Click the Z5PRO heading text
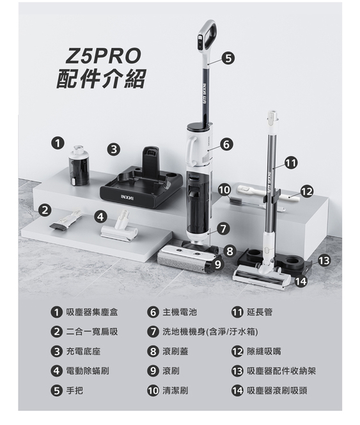[104, 56]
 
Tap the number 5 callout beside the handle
[228, 58]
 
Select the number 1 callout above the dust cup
[58, 143]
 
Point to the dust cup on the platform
[79, 166]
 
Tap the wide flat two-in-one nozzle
[65, 222]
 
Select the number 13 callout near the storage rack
[324, 261]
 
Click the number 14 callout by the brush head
[301, 282]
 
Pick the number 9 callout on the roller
[217, 265]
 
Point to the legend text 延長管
[260, 313]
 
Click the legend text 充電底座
[83, 352]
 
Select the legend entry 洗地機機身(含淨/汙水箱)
[210, 332]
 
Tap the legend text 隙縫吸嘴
[264, 352]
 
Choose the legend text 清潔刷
[175, 390]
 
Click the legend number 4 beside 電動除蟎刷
[56, 371]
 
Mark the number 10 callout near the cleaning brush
[224, 190]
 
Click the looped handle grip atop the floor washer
[208, 35]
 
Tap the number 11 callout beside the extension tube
[291, 163]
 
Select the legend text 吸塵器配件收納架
[281, 371]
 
